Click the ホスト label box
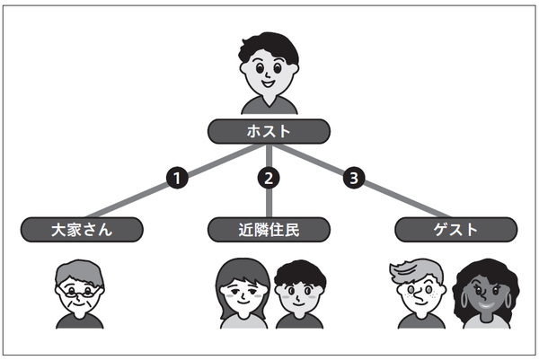click(x=269, y=131)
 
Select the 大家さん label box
click(x=82, y=230)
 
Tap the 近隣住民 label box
click(x=269, y=230)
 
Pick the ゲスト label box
click(x=456, y=230)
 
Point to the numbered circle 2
click(x=269, y=179)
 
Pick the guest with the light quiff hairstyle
click(x=419, y=292)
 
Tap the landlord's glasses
click(x=78, y=289)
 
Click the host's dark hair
click(x=269, y=47)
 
